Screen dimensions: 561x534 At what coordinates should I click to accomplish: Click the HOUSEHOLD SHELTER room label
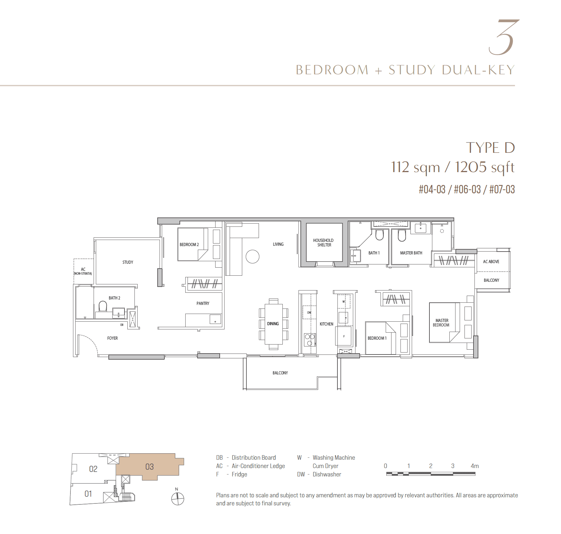pyautogui.click(x=323, y=243)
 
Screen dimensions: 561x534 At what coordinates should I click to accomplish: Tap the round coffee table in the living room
pyautogui.click(x=253, y=257)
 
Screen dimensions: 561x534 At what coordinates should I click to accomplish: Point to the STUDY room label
pyautogui.click(x=128, y=262)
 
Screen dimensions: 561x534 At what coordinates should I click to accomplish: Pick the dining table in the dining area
pyautogui.click(x=273, y=324)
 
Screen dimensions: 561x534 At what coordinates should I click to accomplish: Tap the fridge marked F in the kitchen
pyautogui.click(x=344, y=336)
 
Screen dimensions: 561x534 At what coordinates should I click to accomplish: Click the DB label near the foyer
pyautogui.click(x=122, y=325)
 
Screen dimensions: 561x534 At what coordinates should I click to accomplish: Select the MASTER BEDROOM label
pyautogui.click(x=441, y=323)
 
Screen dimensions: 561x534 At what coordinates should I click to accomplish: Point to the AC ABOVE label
pyautogui.click(x=491, y=262)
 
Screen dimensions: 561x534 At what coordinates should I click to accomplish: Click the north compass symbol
pyautogui.click(x=178, y=499)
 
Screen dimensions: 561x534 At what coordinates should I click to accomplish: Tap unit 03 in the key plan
pyautogui.click(x=150, y=467)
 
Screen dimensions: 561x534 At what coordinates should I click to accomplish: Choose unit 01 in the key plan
pyautogui.click(x=88, y=493)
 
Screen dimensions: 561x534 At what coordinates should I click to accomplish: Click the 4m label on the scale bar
pyautogui.click(x=475, y=466)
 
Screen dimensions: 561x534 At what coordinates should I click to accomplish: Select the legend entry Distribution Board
pyautogui.click(x=254, y=457)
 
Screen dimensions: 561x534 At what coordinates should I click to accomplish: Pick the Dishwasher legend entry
pyautogui.click(x=327, y=474)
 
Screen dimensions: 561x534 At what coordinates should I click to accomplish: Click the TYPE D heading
pyautogui.click(x=491, y=148)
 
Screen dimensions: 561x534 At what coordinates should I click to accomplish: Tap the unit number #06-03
pyautogui.click(x=467, y=189)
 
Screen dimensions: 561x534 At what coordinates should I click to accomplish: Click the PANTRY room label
pyautogui.click(x=203, y=303)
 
